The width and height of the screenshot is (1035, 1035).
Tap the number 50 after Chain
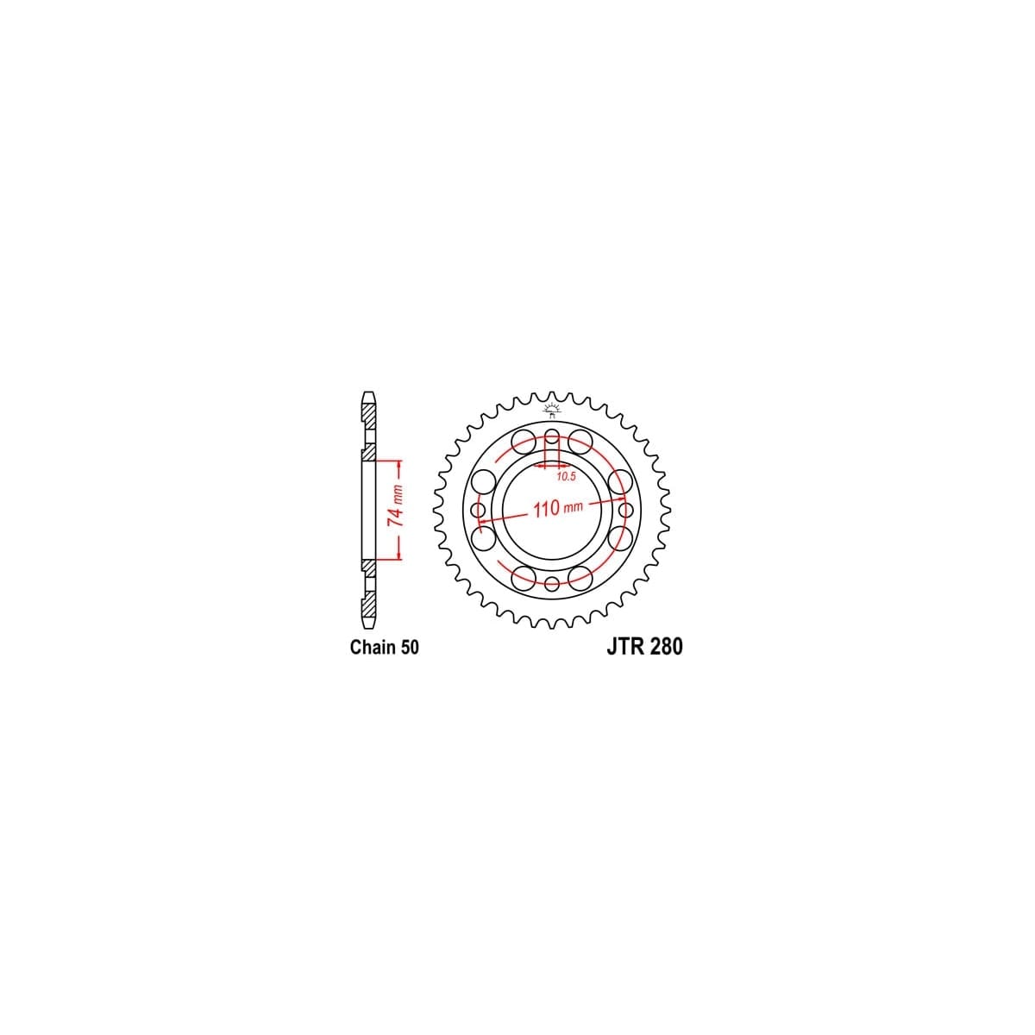coord(409,647)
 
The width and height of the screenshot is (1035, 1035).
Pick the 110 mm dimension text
coord(558,508)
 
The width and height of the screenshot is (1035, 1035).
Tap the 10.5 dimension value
coord(566,476)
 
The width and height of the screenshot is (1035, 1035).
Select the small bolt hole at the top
coord(552,436)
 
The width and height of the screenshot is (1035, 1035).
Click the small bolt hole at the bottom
coord(552,583)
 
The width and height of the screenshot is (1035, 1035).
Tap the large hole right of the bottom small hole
coord(580,576)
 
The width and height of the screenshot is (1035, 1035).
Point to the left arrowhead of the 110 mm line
coord(482,521)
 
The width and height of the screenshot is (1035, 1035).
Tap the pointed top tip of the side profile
coord(369,395)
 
